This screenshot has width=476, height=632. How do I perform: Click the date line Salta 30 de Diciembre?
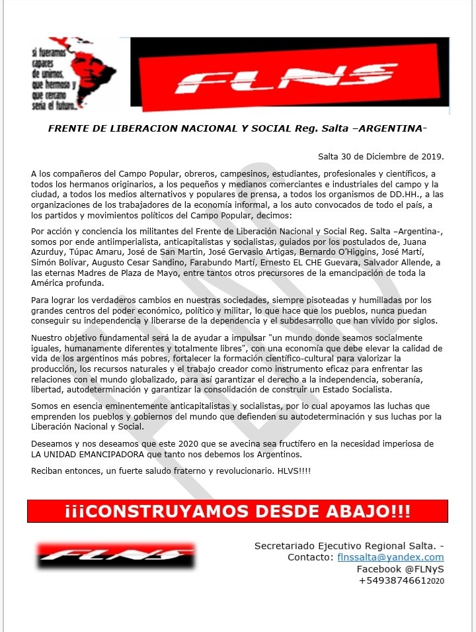381,157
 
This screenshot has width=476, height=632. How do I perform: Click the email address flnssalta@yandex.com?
390,557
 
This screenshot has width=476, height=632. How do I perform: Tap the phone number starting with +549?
401,580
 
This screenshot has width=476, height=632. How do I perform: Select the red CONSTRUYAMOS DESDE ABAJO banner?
237,511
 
